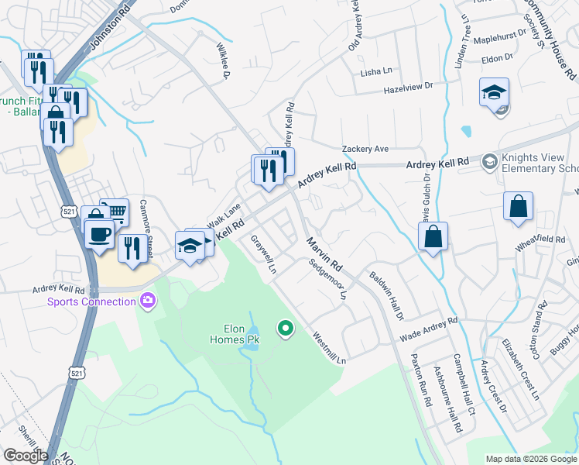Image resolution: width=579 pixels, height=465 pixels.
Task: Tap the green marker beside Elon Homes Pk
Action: tap(286, 329)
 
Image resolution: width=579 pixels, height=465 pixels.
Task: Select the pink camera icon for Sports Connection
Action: tap(147, 301)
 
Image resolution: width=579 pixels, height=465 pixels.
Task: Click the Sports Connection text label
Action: tap(91, 301)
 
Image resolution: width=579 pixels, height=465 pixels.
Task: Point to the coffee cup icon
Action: tap(99, 233)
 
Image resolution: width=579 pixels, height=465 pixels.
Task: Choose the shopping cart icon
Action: tap(115, 212)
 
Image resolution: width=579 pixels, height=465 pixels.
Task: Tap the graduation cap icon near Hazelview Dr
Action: tap(494, 93)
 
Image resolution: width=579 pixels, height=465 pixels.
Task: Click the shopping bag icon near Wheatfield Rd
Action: tap(518, 207)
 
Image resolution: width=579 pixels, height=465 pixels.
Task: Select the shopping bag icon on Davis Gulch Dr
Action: tap(433, 236)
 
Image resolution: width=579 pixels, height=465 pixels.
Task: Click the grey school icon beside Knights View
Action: tap(489, 162)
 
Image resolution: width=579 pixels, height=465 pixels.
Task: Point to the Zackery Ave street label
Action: tap(365, 149)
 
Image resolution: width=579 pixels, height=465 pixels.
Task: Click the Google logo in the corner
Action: tap(26, 455)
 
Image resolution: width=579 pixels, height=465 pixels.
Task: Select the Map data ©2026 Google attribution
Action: tap(530, 459)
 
